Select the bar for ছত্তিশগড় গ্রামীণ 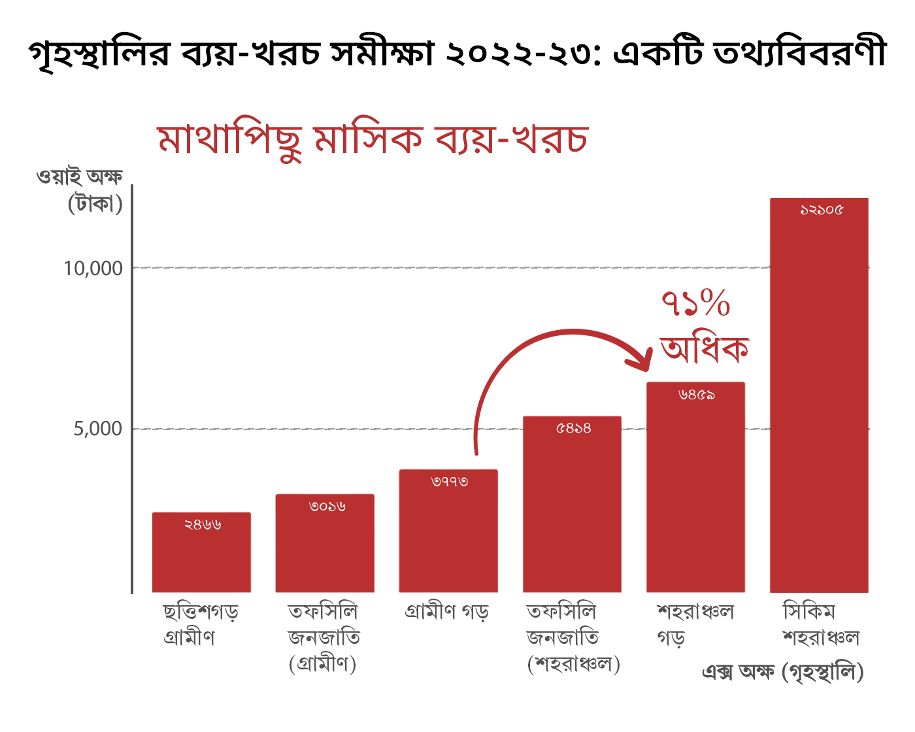[201, 556]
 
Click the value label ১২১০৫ [822, 210]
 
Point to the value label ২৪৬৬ [203, 524]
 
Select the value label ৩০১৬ [327, 507]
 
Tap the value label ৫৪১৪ [573, 428]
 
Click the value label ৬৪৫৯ [697, 395]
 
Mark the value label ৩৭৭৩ [450, 482]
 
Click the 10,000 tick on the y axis [93, 268]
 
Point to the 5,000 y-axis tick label [98, 429]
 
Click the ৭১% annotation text [695, 304]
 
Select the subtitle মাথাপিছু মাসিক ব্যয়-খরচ [373, 139]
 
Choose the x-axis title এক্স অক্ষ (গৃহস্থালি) [782, 672]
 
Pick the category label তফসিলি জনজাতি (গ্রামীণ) [324, 637]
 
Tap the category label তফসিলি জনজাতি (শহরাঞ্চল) [573, 637]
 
